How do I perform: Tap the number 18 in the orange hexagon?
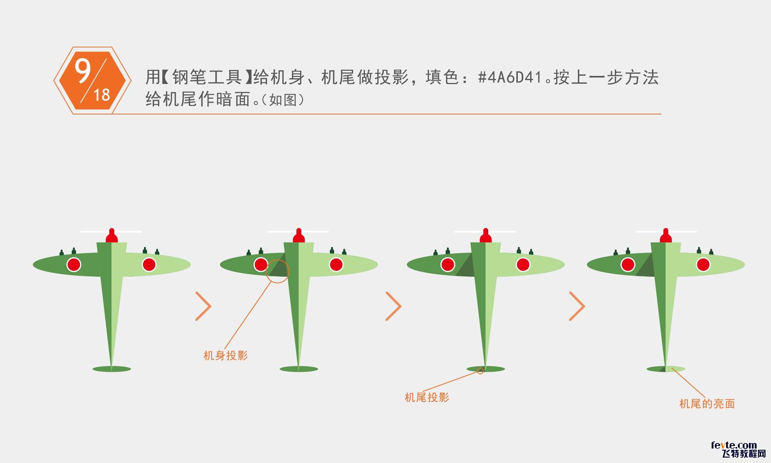click(x=102, y=95)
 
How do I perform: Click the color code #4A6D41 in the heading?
click(x=510, y=77)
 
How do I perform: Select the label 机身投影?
click(x=226, y=356)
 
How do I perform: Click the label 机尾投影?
click(x=427, y=397)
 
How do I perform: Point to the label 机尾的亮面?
click(x=707, y=404)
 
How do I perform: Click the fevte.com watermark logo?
click(x=738, y=450)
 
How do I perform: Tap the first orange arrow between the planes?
click(x=203, y=306)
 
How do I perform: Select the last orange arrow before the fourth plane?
click(x=577, y=306)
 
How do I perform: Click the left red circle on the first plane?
click(x=74, y=264)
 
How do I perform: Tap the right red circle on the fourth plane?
click(x=703, y=264)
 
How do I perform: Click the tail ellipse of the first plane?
click(x=112, y=369)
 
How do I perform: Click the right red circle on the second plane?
click(x=336, y=264)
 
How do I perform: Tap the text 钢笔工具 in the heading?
click(x=207, y=77)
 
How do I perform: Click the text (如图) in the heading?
click(x=283, y=100)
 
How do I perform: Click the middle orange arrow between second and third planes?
click(x=393, y=306)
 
